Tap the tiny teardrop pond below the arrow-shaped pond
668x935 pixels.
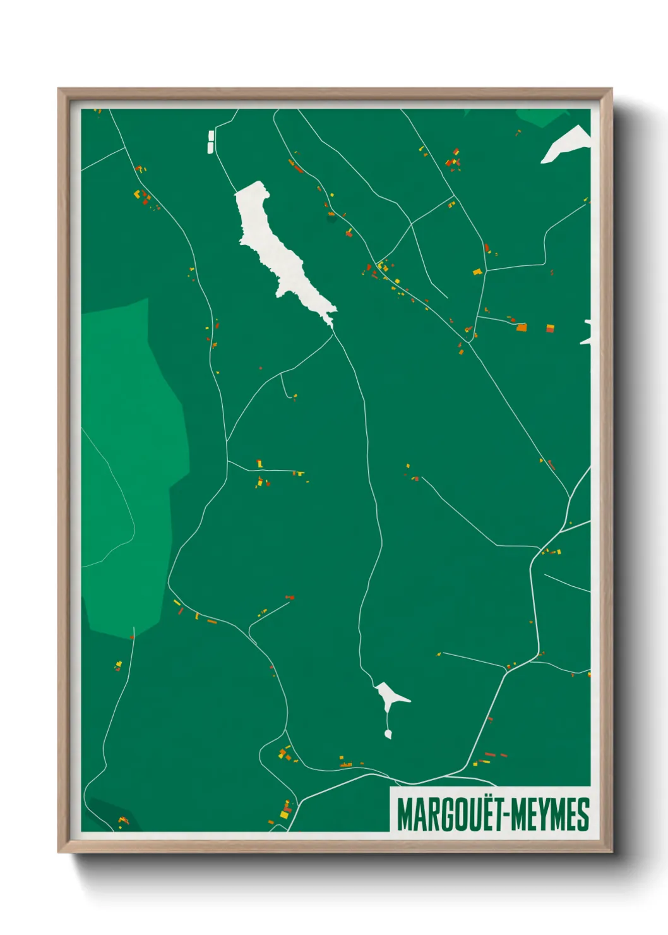388,733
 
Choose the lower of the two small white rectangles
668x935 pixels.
210,147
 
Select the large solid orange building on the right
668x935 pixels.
521,327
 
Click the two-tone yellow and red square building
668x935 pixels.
550,328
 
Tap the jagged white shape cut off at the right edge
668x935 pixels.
587,333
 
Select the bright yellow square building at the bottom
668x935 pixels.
285,814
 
